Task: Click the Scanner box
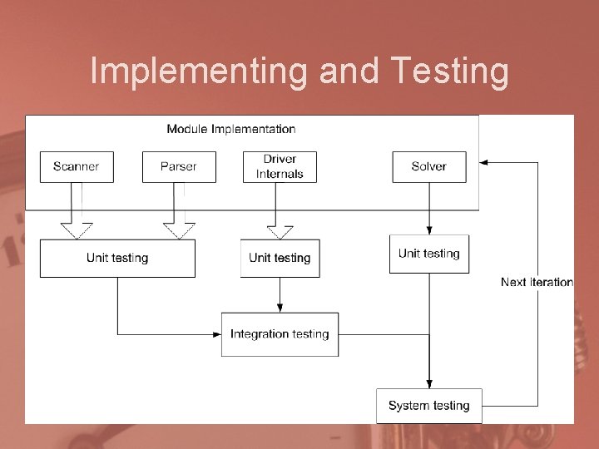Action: (77, 166)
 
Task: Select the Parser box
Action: (179, 166)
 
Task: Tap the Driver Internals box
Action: (280, 166)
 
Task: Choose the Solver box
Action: (429, 166)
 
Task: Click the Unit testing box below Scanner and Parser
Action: (117, 258)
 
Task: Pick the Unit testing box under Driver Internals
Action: (280, 258)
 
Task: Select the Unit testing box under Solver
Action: (429, 254)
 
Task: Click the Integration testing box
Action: (280, 334)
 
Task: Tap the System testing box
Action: (429, 406)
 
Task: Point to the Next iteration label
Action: (537, 283)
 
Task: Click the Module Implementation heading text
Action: (231, 129)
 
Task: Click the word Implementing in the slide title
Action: (200, 72)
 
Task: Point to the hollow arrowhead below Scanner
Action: (77, 230)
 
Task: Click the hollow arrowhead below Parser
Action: (179, 230)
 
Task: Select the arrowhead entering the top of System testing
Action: (429, 383)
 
